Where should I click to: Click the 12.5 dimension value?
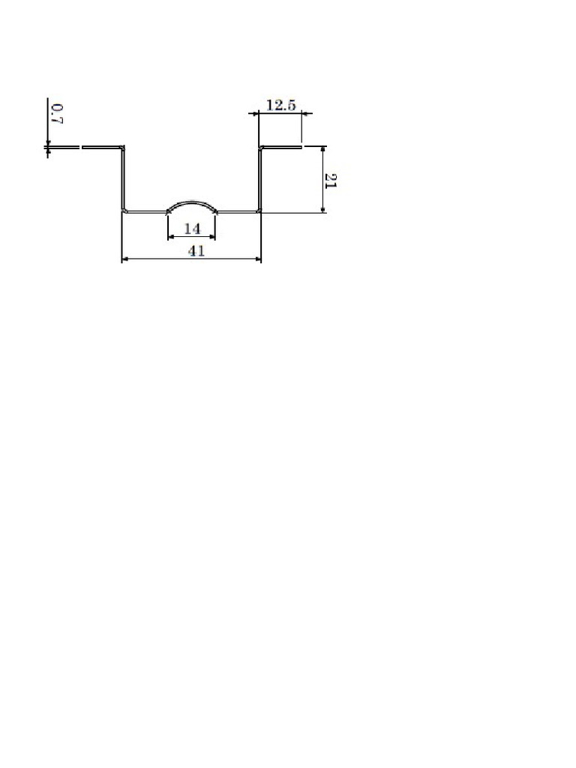pyautogui.click(x=280, y=105)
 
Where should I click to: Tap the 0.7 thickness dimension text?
pyautogui.click(x=57, y=114)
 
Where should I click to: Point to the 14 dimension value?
pyautogui.click(x=192, y=228)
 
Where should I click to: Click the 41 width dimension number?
pyautogui.click(x=196, y=250)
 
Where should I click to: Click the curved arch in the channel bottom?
pyautogui.click(x=192, y=202)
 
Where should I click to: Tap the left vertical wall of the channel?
pyautogui.click(x=122, y=179)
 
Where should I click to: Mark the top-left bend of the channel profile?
pyautogui.click(x=122, y=147)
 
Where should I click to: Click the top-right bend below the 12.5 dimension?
pyautogui.click(x=261, y=147)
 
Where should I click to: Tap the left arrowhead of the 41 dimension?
pyautogui.click(x=125, y=259)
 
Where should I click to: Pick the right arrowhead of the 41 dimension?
pyautogui.click(x=258, y=259)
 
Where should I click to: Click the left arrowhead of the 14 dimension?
pyautogui.click(x=171, y=237)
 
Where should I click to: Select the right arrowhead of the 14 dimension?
pyautogui.click(x=212, y=237)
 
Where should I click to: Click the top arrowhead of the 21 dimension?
pyautogui.click(x=322, y=149)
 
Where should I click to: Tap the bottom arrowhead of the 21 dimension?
pyautogui.click(x=322, y=209)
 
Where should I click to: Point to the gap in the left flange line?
pyautogui.click(x=81, y=147)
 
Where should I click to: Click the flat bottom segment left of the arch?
pyautogui.click(x=146, y=212)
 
